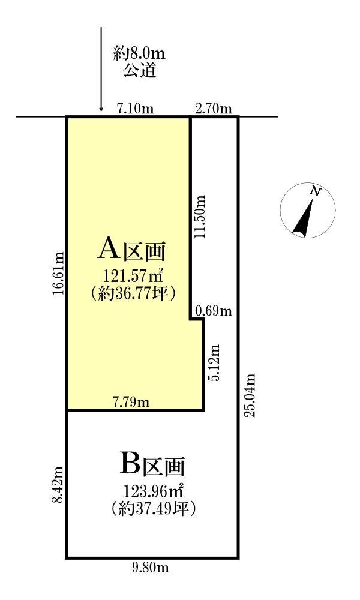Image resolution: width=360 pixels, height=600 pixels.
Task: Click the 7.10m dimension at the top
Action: pos(136,109)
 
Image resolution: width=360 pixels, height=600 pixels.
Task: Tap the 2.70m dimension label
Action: pos(214,109)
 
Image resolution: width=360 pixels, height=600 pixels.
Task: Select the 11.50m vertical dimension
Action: pos(200,217)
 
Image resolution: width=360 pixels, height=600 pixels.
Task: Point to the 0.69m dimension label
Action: pos(214,311)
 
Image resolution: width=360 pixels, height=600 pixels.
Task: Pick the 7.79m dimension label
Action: pos(131,403)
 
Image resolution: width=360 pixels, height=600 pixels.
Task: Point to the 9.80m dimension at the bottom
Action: pos(151,568)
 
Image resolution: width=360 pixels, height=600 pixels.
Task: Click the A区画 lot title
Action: pos(133,250)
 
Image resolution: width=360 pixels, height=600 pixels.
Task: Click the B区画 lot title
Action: pos(152,464)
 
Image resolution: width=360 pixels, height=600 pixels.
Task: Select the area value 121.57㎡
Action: pos(133,275)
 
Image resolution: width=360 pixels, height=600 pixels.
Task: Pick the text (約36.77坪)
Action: pos(133,294)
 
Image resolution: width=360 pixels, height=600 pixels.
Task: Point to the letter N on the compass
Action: pos(315,191)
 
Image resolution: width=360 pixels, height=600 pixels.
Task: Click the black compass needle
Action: pos(304,217)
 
